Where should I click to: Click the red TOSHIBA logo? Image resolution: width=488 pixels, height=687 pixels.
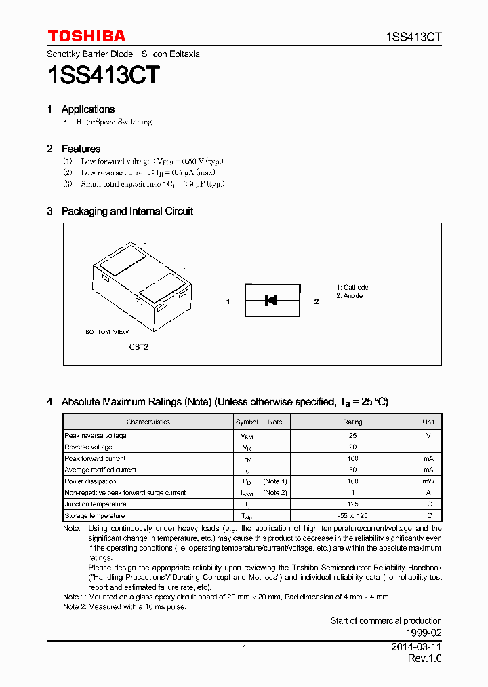(86, 36)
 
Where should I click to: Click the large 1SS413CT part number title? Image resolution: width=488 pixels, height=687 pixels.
(103, 75)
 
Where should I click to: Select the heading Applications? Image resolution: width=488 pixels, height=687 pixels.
(88, 109)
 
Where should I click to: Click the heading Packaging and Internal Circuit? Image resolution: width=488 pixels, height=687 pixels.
(127, 211)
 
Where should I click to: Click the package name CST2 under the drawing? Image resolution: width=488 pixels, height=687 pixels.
(139, 347)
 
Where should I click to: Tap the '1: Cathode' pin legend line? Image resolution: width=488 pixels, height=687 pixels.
(352, 288)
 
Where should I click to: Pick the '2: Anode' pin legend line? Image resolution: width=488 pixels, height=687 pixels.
(350, 296)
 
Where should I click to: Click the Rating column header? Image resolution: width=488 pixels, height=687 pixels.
(352, 422)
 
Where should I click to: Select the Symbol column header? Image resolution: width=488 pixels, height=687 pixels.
(247, 422)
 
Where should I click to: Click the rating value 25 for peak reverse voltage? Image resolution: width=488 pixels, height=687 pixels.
(352, 436)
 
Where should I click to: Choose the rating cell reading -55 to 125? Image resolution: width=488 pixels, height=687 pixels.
(352, 516)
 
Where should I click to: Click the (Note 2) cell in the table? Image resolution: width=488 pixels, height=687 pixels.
(275, 493)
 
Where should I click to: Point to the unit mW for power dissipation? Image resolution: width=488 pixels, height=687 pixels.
(428, 481)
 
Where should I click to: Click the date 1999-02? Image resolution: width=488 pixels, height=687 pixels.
(425, 632)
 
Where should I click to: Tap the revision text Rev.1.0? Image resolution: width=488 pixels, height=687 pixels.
(424, 659)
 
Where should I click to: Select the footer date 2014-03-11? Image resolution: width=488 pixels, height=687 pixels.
(417, 648)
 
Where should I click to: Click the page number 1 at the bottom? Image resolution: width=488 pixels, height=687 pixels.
(244, 649)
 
